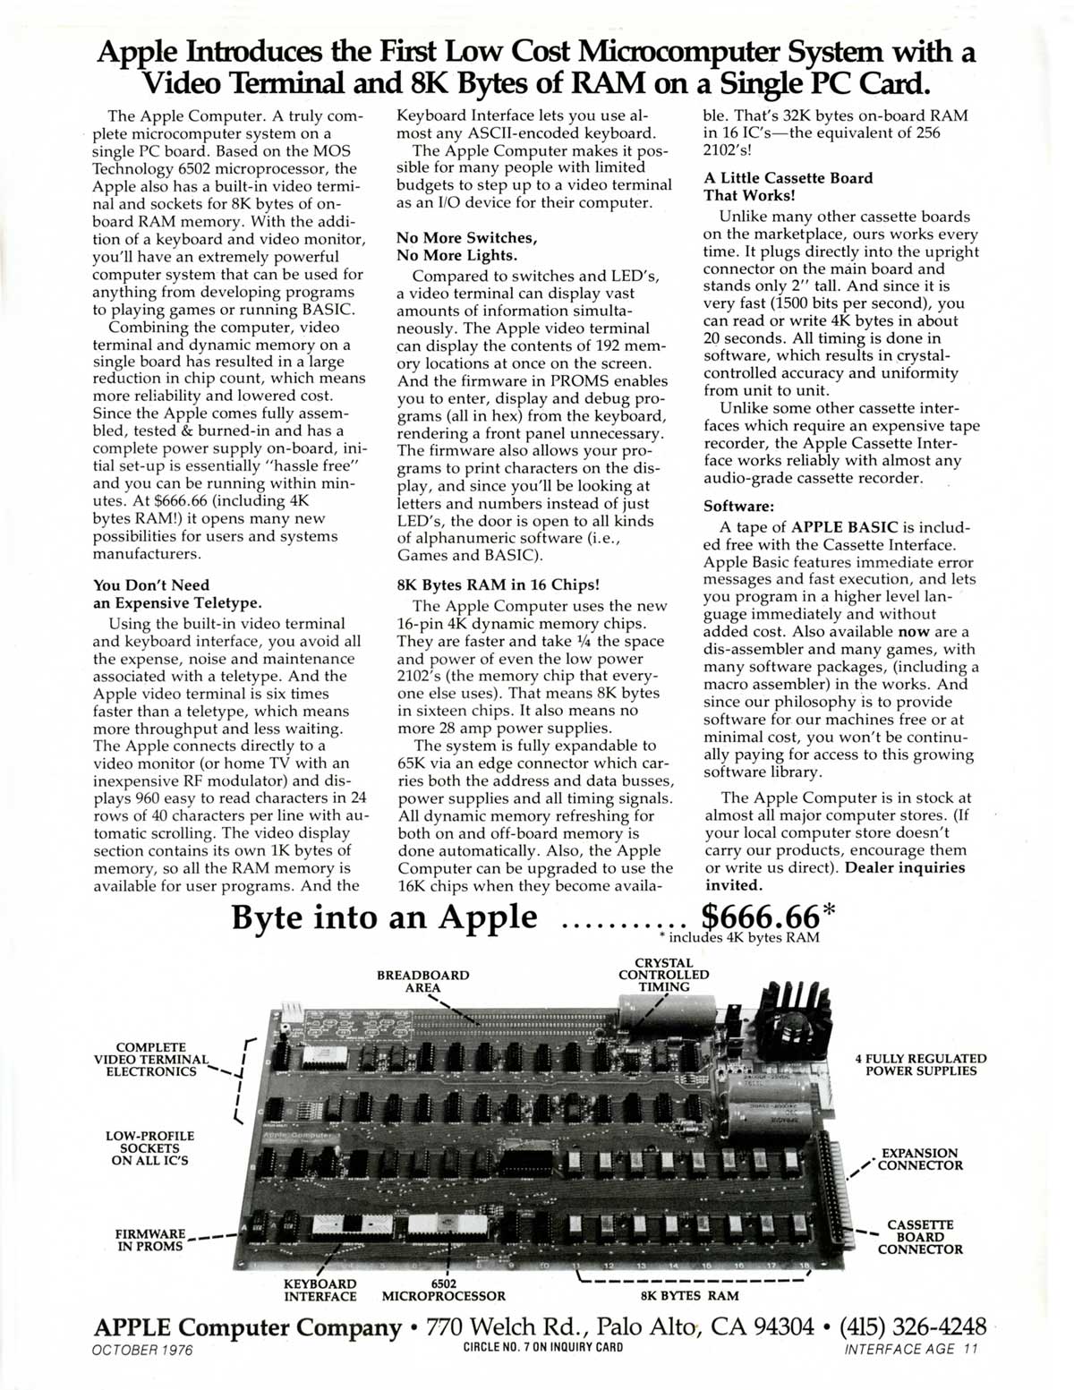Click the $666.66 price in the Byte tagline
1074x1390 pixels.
click(x=760, y=917)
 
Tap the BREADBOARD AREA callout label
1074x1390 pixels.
click(x=422, y=981)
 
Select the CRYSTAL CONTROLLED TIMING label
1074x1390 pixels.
click(x=663, y=975)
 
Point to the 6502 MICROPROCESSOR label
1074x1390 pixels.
click(x=443, y=1290)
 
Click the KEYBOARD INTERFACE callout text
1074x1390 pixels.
click(x=320, y=1290)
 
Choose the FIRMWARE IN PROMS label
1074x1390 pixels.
click(x=150, y=1240)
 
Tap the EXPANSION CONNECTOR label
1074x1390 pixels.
click(x=919, y=1159)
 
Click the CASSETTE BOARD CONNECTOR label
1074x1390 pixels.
click(x=919, y=1237)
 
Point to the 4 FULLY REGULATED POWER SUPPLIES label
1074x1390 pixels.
click(x=921, y=1064)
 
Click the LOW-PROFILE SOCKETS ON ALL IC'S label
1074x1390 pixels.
click(x=149, y=1148)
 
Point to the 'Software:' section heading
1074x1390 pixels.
click(x=739, y=506)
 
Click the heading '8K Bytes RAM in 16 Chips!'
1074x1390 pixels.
click(x=498, y=584)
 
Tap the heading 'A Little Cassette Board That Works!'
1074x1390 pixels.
click(x=788, y=186)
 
